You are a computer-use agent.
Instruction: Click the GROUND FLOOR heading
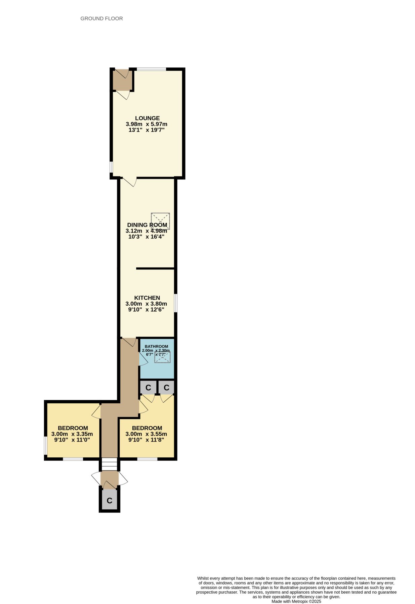tap(101, 18)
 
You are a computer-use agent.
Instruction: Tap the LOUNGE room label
tap(147, 118)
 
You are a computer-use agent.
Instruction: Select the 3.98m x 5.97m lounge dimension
tap(147, 124)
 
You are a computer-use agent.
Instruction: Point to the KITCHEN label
tap(147, 298)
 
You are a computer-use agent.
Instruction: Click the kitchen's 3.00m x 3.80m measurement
tap(146, 304)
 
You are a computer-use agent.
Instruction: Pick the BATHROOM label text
tap(156, 346)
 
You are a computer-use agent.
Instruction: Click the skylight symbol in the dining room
tap(160, 221)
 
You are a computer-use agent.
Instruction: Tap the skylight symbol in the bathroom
tap(162, 357)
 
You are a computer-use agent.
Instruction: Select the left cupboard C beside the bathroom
tap(148, 388)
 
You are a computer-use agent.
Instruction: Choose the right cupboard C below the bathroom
tap(166, 388)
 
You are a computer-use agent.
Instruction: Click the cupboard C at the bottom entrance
tap(109, 500)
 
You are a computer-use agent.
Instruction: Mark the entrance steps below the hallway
tap(109, 464)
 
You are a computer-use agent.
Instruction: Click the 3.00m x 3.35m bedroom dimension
tap(72, 434)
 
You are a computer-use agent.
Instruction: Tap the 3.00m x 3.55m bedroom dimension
tap(146, 434)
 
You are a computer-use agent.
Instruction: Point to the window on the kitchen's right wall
tap(175, 303)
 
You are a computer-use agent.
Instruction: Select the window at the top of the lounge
tap(151, 69)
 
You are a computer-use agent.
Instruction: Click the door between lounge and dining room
tap(129, 182)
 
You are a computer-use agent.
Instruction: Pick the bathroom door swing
tap(143, 359)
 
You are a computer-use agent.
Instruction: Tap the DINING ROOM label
tap(147, 225)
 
